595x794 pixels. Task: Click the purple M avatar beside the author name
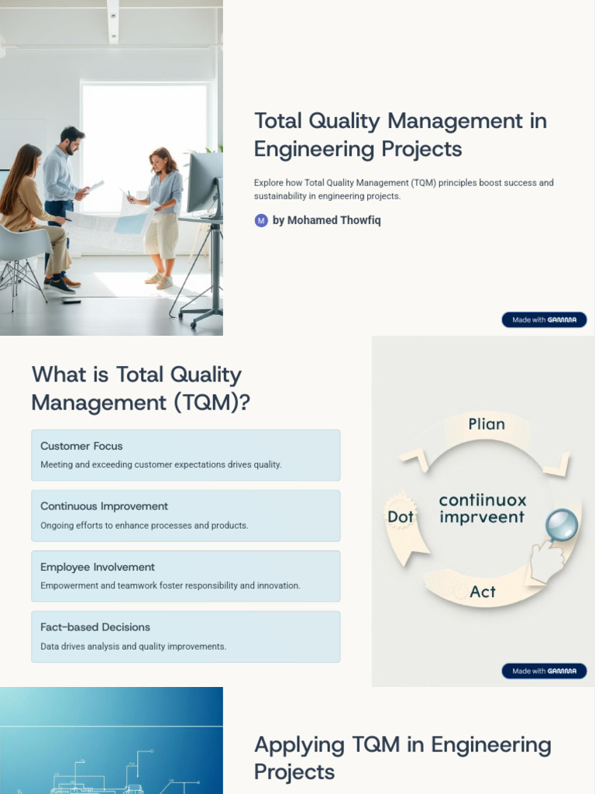coord(261,220)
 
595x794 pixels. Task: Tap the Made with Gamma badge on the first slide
coord(544,319)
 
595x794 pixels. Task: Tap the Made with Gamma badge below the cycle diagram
coord(544,671)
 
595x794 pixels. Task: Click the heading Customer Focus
coord(81,446)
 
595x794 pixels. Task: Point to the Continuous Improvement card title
coord(104,506)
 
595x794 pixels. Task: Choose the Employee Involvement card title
coord(98,567)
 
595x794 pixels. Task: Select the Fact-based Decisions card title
coord(95,627)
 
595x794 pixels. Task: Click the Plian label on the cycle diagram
coord(487,424)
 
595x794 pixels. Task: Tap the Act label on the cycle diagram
coord(483,592)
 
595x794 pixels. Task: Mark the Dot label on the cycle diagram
coord(401,516)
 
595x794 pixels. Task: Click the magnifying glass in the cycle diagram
coord(561,526)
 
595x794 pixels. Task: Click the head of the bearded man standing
coord(71,140)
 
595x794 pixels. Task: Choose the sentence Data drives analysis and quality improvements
coord(133,647)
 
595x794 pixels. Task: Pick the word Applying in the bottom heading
coord(299,745)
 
